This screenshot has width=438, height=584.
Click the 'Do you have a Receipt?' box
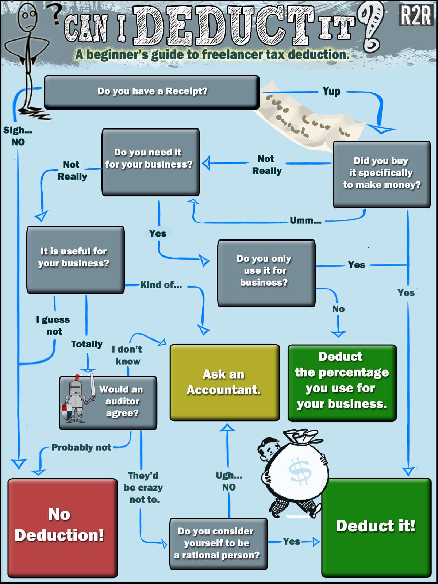pos(152,92)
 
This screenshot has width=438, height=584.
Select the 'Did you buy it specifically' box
pos(381,174)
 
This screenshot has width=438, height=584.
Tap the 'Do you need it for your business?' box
pos(150,162)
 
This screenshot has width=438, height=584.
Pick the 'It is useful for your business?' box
pos(75,260)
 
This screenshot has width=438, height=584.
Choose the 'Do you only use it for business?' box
pos(266,273)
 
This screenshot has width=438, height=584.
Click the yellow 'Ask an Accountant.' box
pos(224,382)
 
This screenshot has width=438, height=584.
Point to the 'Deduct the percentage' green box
pos(342,382)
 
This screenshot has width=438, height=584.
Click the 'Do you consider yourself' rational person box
pos(218,543)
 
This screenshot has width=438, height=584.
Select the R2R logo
pos(415,15)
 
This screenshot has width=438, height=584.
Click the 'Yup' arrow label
pos(331,91)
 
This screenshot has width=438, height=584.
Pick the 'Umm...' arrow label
pos(306,220)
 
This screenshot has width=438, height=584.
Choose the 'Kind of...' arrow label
pos(161,285)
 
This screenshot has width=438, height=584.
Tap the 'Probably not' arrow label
pos(81,447)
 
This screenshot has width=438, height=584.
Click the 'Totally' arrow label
pos(87,344)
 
